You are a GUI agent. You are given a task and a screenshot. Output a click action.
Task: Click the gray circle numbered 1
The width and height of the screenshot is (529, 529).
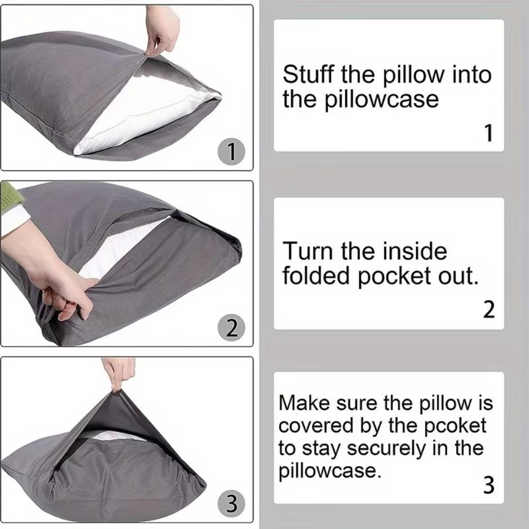pyautogui.click(x=231, y=153)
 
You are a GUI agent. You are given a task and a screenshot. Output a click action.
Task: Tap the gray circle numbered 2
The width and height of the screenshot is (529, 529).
pyautogui.click(x=231, y=329)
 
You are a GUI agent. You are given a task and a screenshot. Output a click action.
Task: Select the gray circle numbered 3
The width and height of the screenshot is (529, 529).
pyautogui.click(x=231, y=504)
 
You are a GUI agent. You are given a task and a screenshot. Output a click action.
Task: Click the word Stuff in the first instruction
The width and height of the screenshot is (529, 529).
pyautogui.click(x=307, y=75)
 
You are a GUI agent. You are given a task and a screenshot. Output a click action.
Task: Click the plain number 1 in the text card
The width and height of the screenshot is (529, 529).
pyautogui.click(x=489, y=133)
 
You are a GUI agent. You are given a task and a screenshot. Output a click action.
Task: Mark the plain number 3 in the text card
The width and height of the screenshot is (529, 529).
pyautogui.click(x=489, y=485)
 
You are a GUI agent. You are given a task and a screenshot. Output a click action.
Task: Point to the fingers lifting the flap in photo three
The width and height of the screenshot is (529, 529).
pyautogui.click(x=120, y=372)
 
